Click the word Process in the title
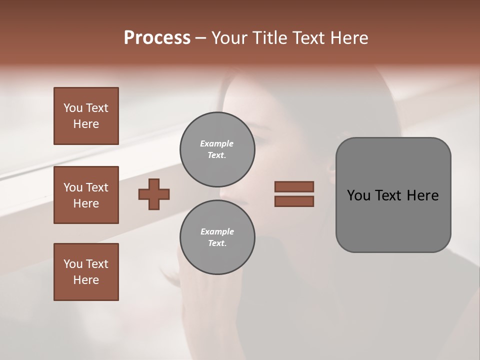tap(157, 38)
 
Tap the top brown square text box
tap(86, 116)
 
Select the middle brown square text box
tap(86, 195)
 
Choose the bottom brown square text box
tap(86, 272)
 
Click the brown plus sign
tap(154, 194)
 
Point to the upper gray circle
tap(217, 149)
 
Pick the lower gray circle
tap(217, 237)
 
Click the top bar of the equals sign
tap(294, 186)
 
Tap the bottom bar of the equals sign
tap(294, 201)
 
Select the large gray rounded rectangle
tap(393, 195)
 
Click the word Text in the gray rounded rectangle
tap(388, 195)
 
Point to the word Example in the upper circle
tap(216, 144)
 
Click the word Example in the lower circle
tap(217, 232)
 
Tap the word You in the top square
tap(73, 108)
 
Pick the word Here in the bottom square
tap(86, 280)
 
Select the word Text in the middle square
tap(96, 187)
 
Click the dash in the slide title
tap(201, 38)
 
